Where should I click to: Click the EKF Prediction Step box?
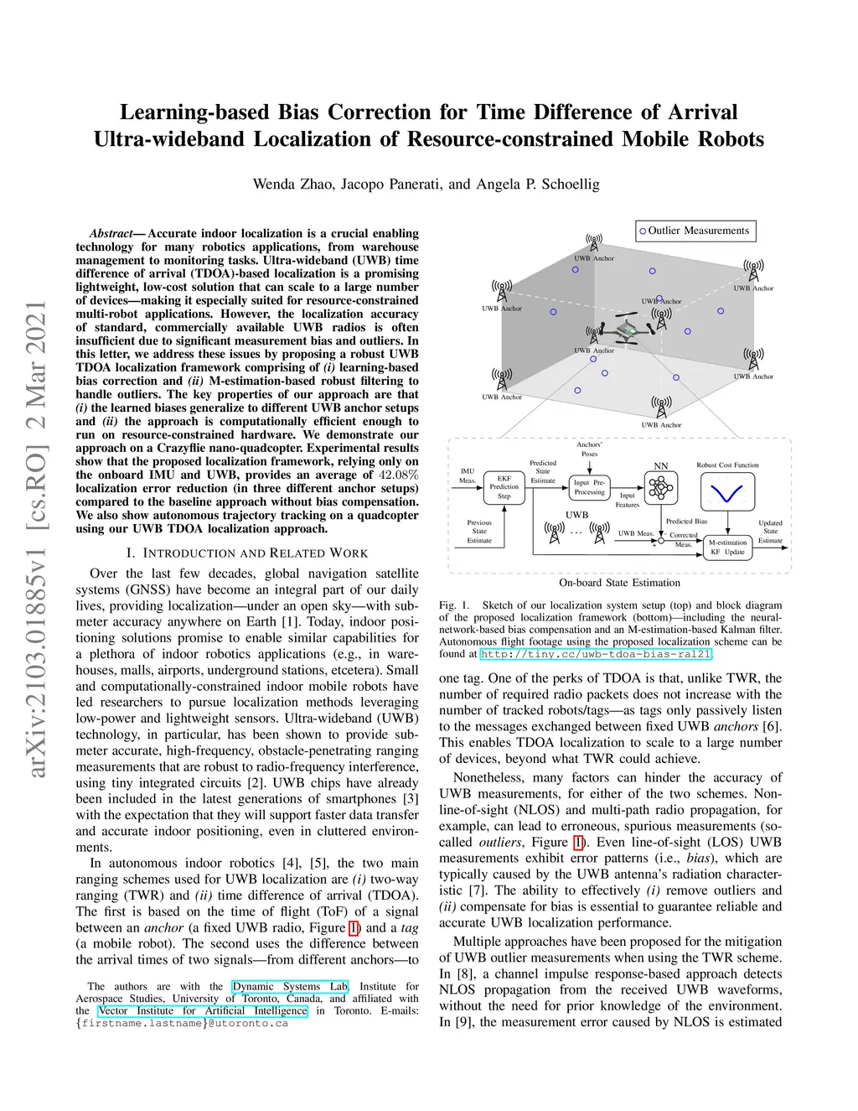(x=504, y=487)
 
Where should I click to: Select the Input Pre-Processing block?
(x=589, y=487)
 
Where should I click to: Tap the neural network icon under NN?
(x=661, y=486)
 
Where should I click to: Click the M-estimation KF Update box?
(x=727, y=547)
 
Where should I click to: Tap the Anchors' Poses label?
(x=589, y=449)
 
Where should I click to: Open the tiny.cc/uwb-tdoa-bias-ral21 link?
(x=595, y=654)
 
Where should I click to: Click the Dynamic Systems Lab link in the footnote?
(x=290, y=987)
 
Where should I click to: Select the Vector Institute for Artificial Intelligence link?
(x=203, y=1011)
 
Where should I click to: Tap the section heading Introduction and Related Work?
(x=247, y=553)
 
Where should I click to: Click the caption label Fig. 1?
(x=454, y=605)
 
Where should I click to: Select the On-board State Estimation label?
(x=619, y=583)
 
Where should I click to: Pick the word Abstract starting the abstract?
(x=111, y=234)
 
